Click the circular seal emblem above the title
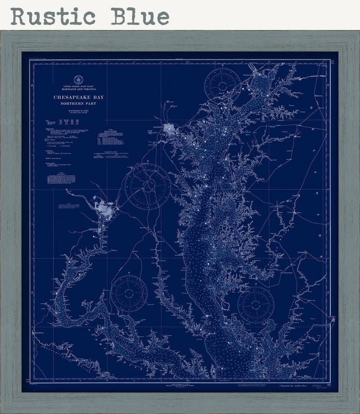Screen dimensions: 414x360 click(x=78, y=80)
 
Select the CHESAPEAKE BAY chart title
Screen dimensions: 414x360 click(x=78, y=97)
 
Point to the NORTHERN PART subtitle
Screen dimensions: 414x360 click(x=78, y=104)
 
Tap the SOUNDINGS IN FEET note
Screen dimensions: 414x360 click(x=78, y=111)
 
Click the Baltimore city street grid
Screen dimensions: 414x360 click(x=171, y=130)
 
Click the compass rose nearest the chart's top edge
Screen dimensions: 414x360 click(x=222, y=85)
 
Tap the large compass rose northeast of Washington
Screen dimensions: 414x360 click(x=147, y=186)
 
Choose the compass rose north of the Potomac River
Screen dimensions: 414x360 click(x=129, y=293)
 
